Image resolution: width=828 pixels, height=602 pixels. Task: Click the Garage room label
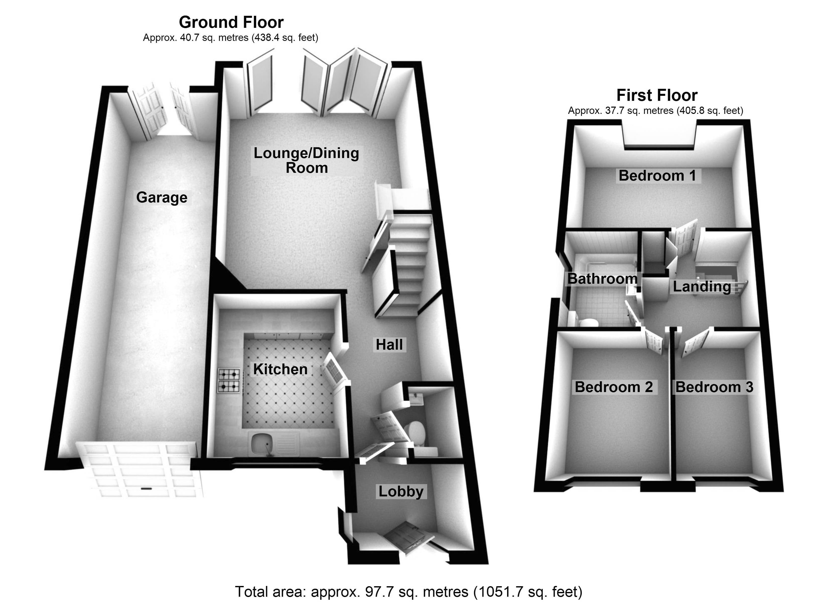(x=162, y=197)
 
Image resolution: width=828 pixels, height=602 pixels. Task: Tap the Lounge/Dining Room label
(x=306, y=160)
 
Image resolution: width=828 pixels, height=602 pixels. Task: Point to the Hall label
(x=389, y=345)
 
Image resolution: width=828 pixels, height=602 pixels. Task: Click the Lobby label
(x=401, y=491)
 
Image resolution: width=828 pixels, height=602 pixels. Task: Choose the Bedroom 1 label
(x=657, y=176)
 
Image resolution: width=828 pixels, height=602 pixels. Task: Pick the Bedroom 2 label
(x=614, y=387)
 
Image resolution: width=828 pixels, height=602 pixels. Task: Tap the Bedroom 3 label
(x=714, y=387)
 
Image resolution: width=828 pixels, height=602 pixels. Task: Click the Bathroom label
(x=602, y=279)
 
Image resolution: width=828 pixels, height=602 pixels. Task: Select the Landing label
(x=702, y=287)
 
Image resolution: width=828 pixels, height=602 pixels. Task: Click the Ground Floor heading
(x=231, y=22)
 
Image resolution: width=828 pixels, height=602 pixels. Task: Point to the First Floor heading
(x=657, y=95)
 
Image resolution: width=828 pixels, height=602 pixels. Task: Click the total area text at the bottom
(x=408, y=592)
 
